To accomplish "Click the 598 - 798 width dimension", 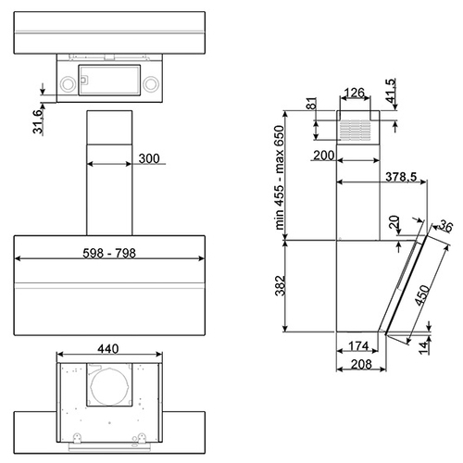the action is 109,254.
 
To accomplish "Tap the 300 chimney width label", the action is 149,158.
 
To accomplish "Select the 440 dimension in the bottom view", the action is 108,349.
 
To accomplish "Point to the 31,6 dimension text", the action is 38,121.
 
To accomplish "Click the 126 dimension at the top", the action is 355,93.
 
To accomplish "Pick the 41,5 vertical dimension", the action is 391,91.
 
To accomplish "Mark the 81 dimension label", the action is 312,104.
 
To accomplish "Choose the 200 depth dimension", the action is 324,156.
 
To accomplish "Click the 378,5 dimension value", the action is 401,177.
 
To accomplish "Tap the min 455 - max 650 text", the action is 280,178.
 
